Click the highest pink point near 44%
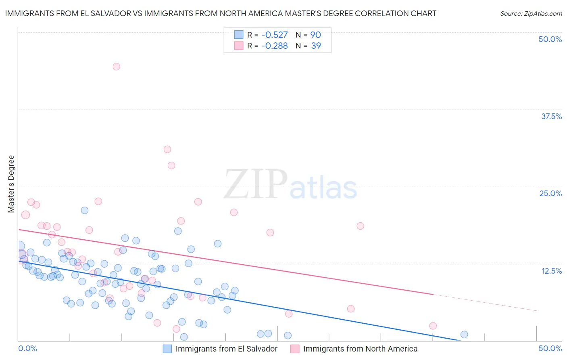click(x=116, y=67)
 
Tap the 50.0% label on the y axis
click(x=550, y=39)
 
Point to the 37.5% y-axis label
click(x=551, y=116)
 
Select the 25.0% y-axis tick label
click(x=550, y=193)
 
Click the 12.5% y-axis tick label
click(x=551, y=271)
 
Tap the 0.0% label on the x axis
click(x=27, y=348)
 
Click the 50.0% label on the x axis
click(x=550, y=348)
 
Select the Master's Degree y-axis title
click(x=11, y=184)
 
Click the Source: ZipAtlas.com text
click(x=531, y=14)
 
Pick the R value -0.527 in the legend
click(x=274, y=35)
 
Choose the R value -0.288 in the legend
click(x=274, y=46)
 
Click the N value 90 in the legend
click(x=315, y=35)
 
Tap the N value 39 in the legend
click(x=316, y=46)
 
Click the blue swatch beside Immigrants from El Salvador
click(x=167, y=349)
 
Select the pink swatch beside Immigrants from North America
click(x=295, y=349)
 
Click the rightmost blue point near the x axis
click(x=464, y=334)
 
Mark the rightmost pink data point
click(x=433, y=326)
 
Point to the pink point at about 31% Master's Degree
click(x=167, y=149)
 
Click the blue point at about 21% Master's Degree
click(x=85, y=210)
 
